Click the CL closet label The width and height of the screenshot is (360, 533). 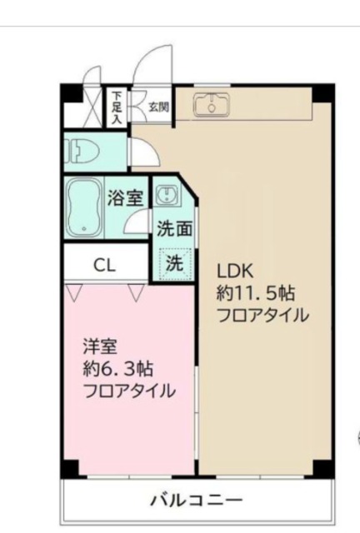click(x=104, y=266)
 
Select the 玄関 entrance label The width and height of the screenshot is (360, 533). click(x=159, y=106)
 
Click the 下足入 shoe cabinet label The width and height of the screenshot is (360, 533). click(x=117, y=107)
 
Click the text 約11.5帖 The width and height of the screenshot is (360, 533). click(x=256, y=293)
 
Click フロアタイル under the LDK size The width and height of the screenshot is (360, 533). click(x=262, y=316)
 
